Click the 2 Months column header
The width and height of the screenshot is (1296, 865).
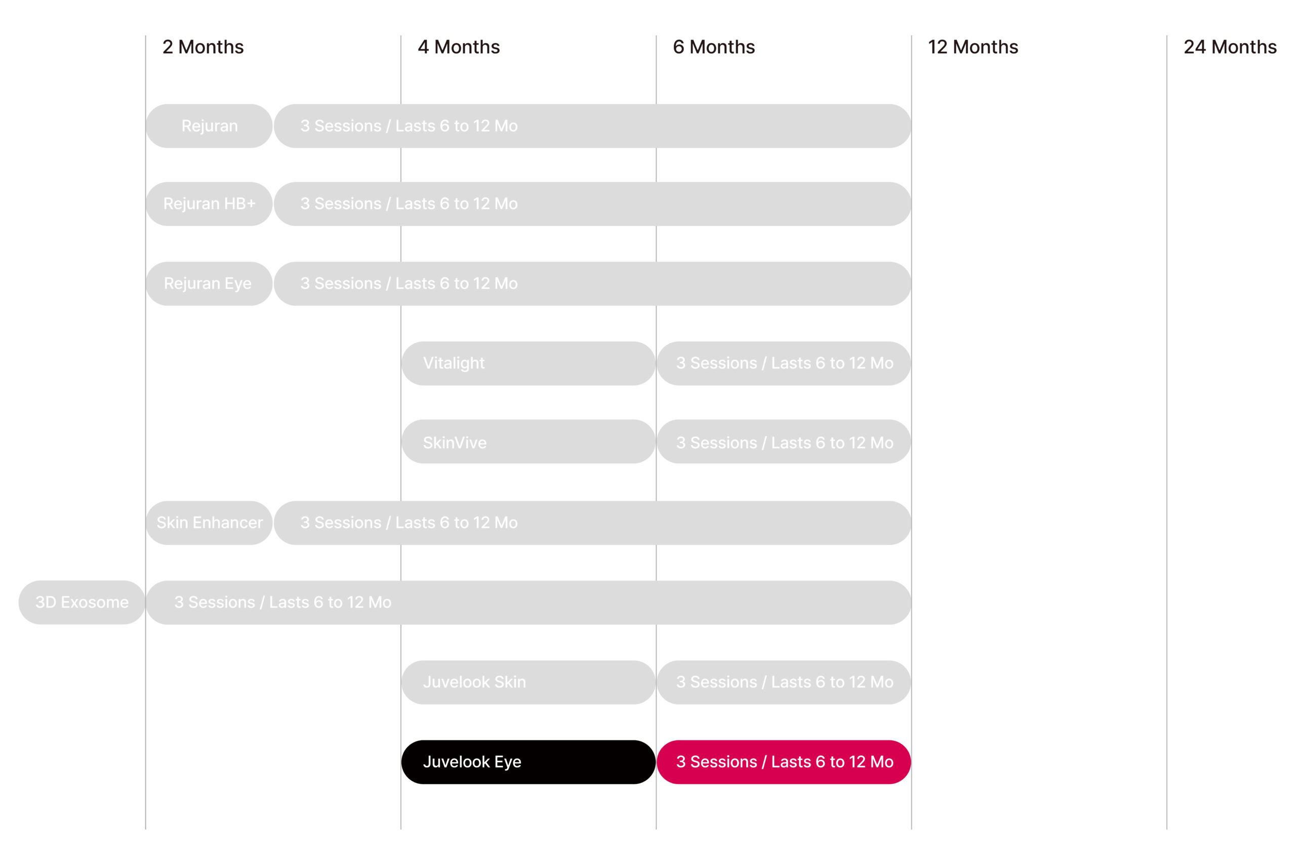click(203, 47)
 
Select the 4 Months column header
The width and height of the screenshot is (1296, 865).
click(459, 47)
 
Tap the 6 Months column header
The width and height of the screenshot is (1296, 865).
click(714, 47)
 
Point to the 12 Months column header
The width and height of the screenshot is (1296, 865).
click(973, 47)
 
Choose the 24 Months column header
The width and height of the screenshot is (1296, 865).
click(1230, 47)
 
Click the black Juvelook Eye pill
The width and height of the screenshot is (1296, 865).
click(529, 762)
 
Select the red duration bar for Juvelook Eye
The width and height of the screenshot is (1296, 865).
click(784, 762)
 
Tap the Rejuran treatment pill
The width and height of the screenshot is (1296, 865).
click(209, 126)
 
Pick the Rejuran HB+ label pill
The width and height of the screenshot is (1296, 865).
click(209, 204)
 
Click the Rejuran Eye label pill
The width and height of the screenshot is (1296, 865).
click(209, 284)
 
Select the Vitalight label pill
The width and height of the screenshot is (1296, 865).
click(529, 363)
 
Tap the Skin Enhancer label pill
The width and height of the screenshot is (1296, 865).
click(209, 523)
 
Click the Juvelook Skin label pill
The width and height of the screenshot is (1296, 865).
click(529, 682)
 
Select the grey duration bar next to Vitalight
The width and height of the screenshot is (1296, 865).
click(784, 363)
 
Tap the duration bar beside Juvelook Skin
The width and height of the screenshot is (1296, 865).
click(784, 682)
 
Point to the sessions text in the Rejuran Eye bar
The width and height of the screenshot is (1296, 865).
click(409, 284)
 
